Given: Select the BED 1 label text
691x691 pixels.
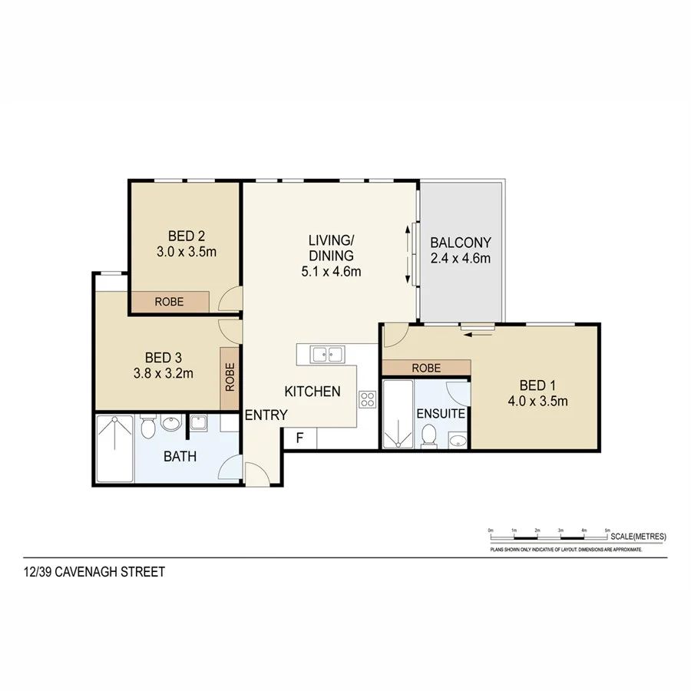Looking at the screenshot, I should click(x=537, y=385).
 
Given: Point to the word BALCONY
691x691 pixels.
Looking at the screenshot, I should click(x=460, y=241).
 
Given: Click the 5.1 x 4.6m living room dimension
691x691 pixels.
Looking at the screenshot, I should click(x=330, y=271).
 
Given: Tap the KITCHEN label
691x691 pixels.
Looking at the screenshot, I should click(x=312, y=392).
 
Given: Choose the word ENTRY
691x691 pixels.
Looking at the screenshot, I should click(x=266, y=415).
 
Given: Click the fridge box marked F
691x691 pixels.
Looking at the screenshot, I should click(x=300, y=438).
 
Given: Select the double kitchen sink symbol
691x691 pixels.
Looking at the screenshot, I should click(x=328, y=354).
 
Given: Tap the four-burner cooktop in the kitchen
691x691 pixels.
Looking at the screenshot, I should click(x=367, y=398).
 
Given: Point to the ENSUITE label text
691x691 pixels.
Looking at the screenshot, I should click(x=440, y=413).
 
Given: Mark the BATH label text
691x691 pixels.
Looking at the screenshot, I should click(x=180, y=456).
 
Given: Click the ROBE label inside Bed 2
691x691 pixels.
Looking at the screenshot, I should click(x=169, y=302).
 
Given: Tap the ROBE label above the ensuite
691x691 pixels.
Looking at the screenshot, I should click(x=426, y=369).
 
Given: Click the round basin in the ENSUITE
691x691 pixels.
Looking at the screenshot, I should click(x=458, y=441).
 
